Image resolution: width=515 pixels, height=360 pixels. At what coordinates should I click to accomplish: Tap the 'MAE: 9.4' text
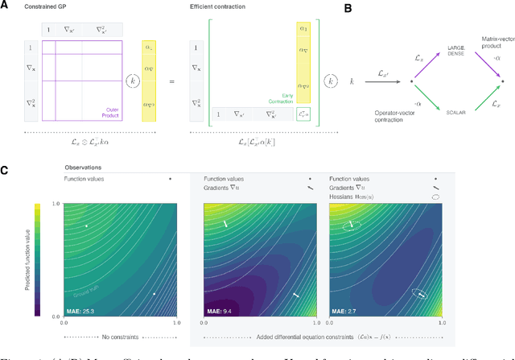(x=220, y=308)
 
